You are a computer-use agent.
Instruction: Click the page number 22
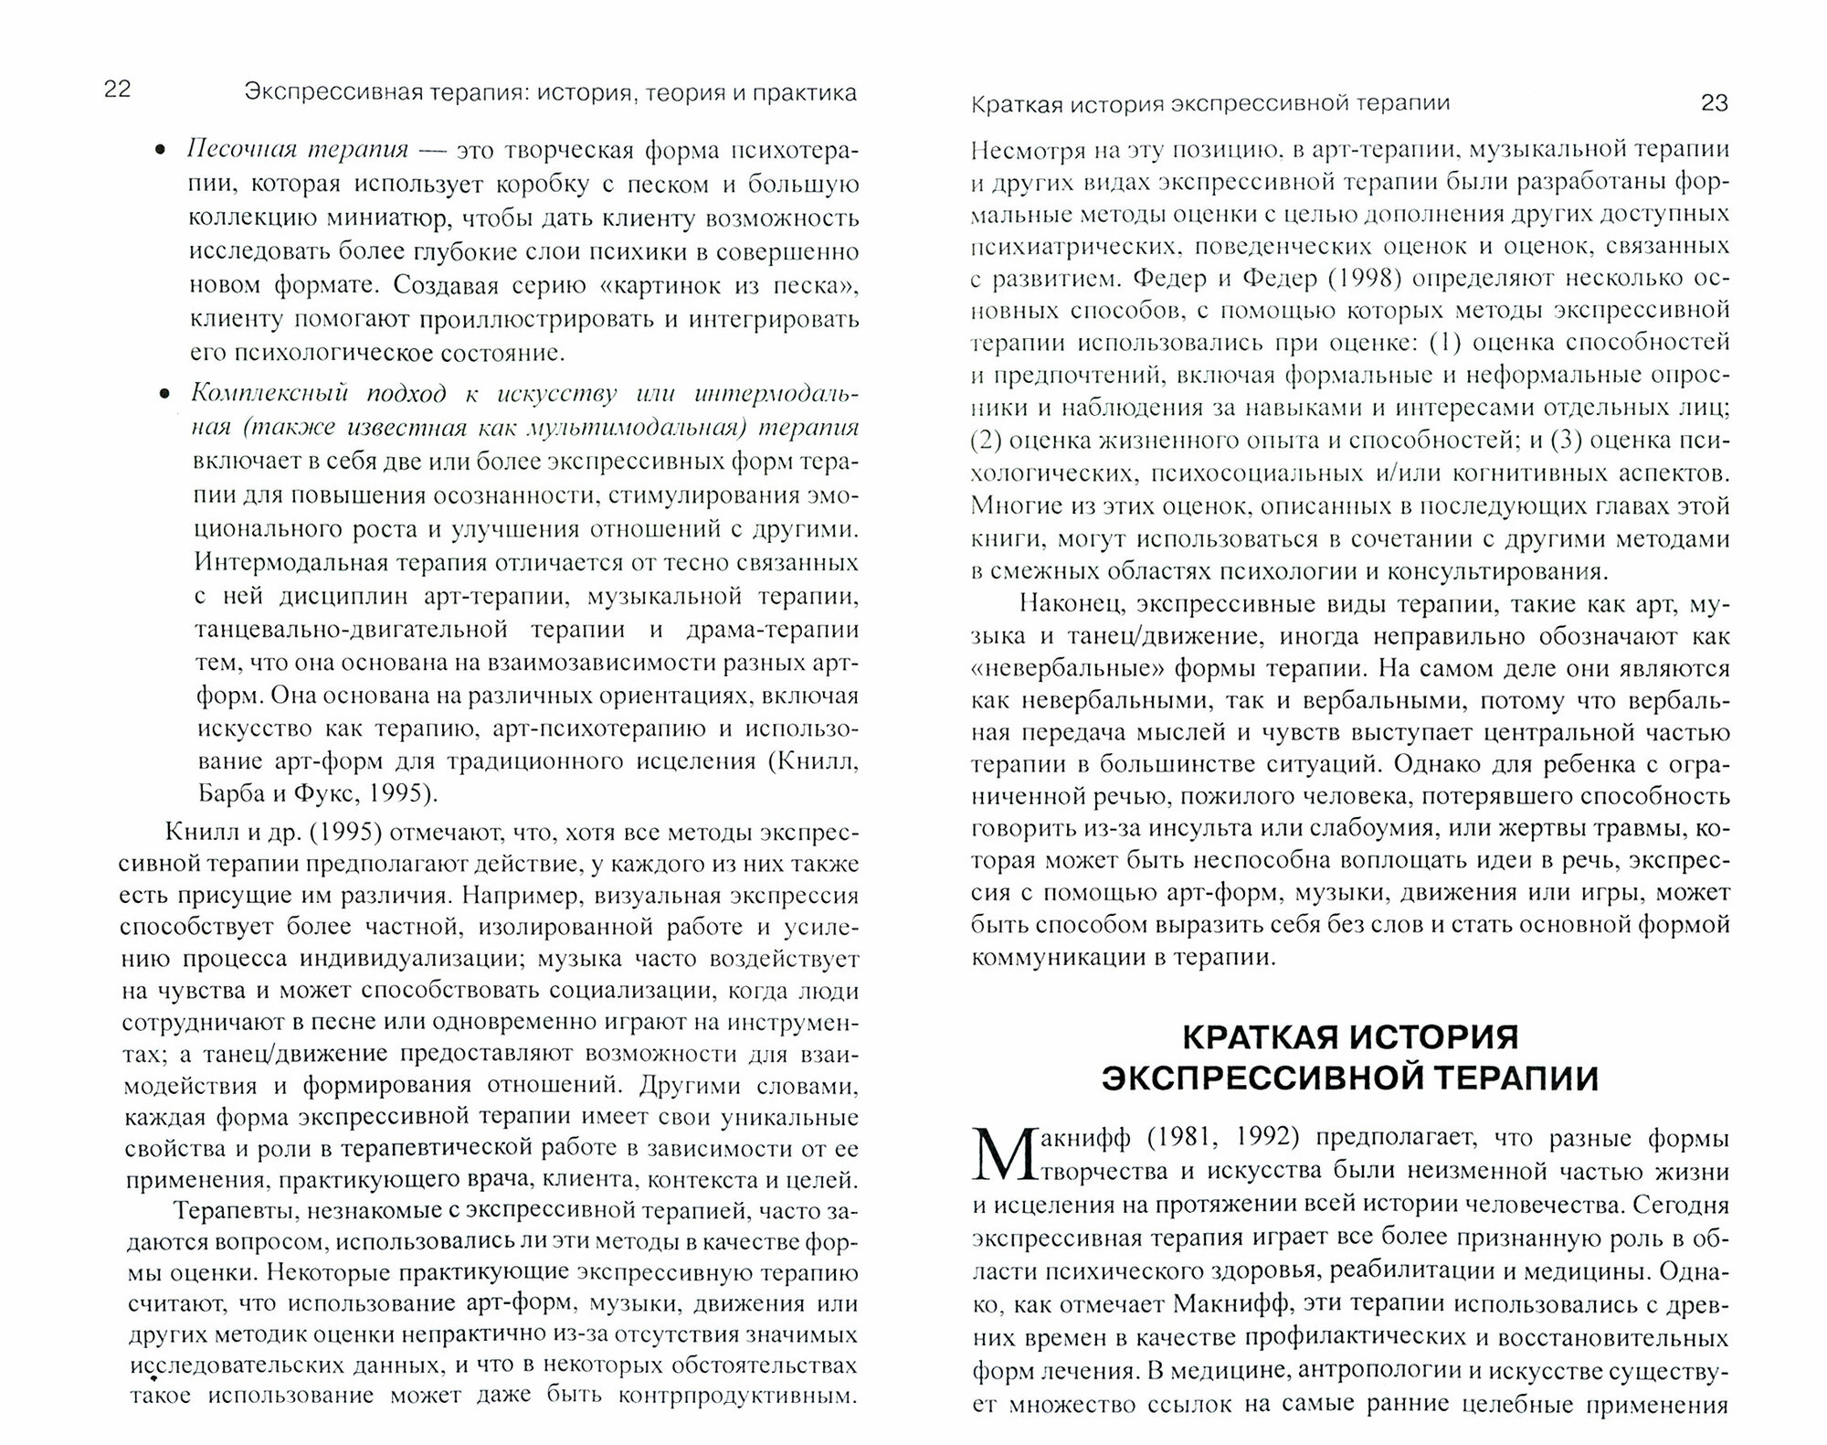[x=119, y=90]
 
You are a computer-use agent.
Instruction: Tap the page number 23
[x=1716, y=103]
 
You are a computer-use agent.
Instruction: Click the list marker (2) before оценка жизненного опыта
[x=987, y=441]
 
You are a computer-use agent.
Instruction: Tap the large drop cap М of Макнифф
[x=998, y=1155]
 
